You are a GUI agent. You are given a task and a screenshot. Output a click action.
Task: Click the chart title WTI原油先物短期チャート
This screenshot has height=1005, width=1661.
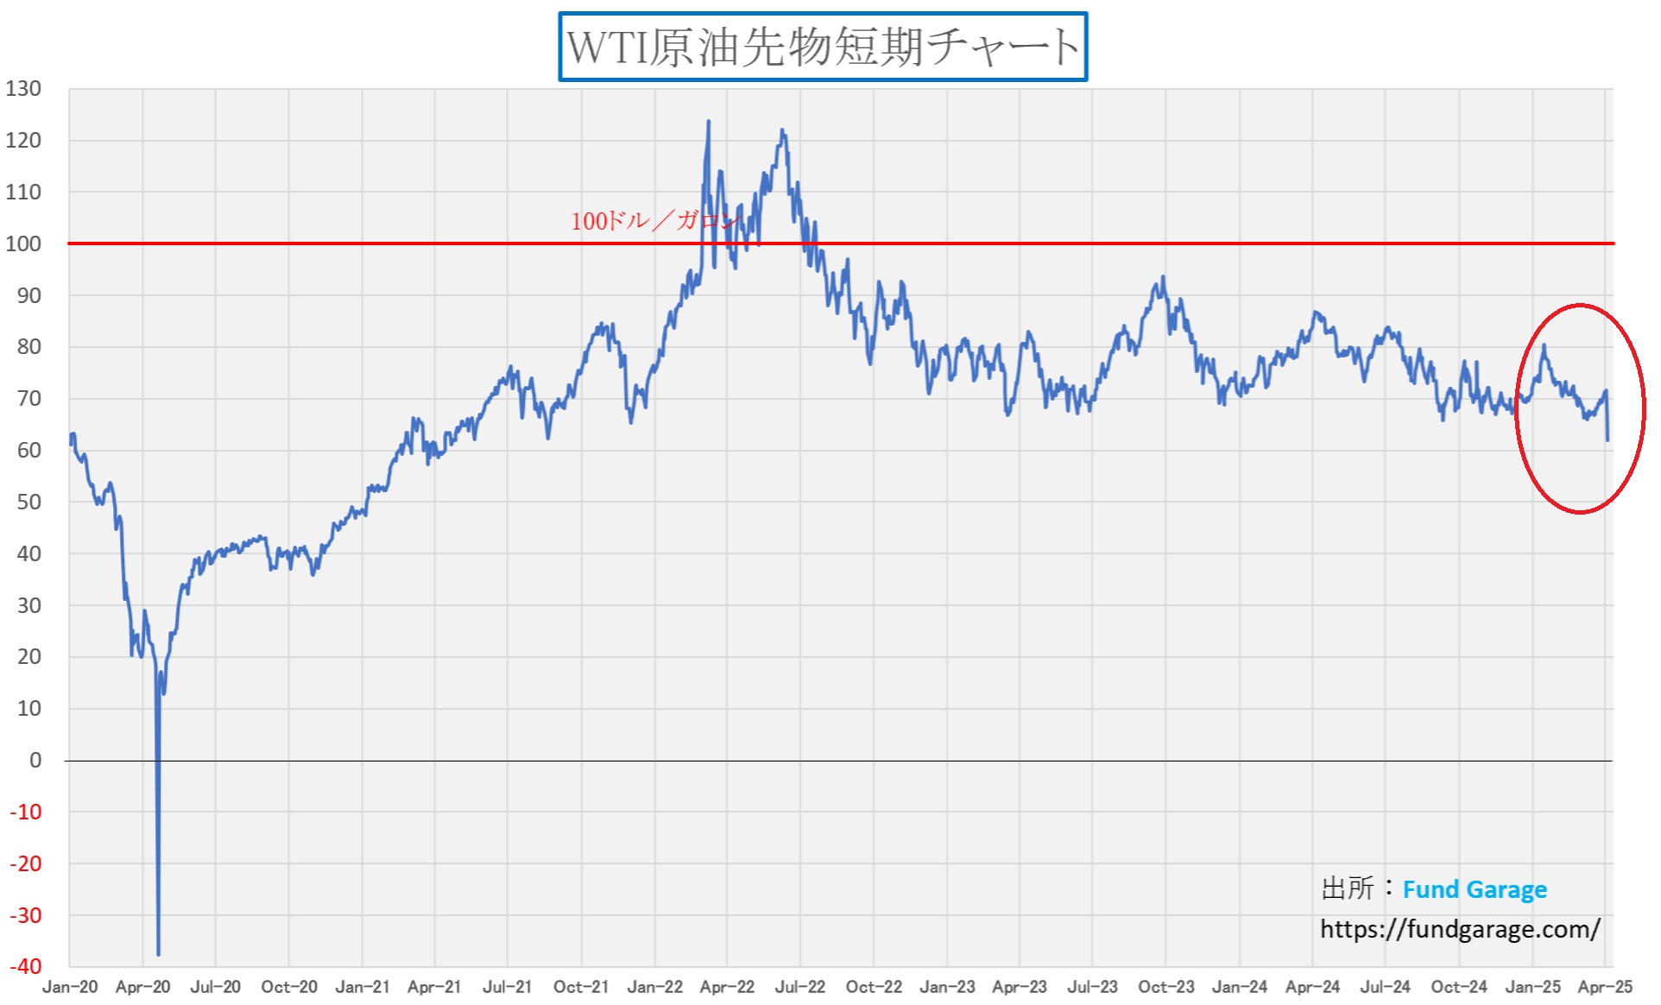[822, 47]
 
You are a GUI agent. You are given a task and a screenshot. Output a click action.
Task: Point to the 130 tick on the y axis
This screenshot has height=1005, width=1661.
[23, 89]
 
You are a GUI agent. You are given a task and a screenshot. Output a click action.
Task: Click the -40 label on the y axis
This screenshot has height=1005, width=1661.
[25, 966]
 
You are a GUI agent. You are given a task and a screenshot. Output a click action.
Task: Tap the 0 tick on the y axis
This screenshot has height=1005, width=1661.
[35, 761]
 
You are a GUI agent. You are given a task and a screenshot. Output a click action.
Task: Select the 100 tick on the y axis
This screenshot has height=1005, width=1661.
[23, 243]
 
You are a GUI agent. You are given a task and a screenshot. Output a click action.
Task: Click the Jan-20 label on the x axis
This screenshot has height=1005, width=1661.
[70, 987]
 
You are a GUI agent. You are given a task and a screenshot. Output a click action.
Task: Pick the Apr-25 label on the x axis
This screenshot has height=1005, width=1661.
[1605, 987]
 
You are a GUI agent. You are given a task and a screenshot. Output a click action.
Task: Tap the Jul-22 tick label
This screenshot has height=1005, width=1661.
[800, 987]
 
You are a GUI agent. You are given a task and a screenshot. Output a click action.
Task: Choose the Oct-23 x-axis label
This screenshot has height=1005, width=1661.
[1165, 987]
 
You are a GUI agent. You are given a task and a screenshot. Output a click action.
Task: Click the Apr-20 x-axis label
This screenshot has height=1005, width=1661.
[142, 987]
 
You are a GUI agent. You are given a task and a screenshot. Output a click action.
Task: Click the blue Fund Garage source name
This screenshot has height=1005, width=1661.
[1475, 889]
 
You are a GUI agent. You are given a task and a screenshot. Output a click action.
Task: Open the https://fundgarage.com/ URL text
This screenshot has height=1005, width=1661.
[1460, 929]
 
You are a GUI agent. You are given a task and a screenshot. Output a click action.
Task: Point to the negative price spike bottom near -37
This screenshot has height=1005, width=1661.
[159, 954]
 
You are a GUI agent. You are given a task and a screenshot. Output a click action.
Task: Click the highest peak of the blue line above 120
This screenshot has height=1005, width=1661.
[709, 122]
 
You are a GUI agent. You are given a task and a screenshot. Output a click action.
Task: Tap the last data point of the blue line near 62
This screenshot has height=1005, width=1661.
[1607, 440]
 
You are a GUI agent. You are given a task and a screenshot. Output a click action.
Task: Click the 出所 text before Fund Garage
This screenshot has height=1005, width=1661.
[1348, 888]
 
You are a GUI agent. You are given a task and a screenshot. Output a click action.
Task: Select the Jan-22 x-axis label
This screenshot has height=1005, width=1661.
[654, 987]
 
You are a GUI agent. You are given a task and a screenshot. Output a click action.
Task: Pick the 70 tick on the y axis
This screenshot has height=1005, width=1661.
[28, 399]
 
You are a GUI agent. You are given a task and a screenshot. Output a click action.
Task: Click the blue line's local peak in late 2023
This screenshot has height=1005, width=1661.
[1164, 277]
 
